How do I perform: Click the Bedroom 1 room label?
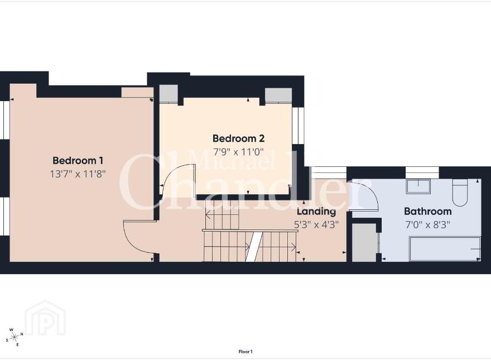[x=78, y=161]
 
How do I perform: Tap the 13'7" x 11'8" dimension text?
[x=78, y=174]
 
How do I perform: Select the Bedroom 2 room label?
[x=239, y=138]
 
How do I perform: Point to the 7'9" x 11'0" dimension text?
[x=239, y=152]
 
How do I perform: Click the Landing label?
[x=316, y=212]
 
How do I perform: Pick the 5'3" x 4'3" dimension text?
[x=316, y=224]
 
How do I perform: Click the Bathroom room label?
[x=428, y=212]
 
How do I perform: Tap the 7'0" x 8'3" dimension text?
[x=428, y=224]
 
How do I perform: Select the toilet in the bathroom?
[x=460, y=193]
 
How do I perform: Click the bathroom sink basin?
[x=418, y=186]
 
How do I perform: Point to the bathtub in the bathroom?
[x=445, y=249]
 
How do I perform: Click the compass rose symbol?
[x=15, y=337]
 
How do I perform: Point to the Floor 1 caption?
[x=245, y=352]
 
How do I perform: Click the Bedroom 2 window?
[x=299, y=126]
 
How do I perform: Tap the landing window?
[x=329, y=172]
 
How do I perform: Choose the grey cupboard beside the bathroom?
[x=364, y=242]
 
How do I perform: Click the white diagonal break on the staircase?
[x=254, y=247]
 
